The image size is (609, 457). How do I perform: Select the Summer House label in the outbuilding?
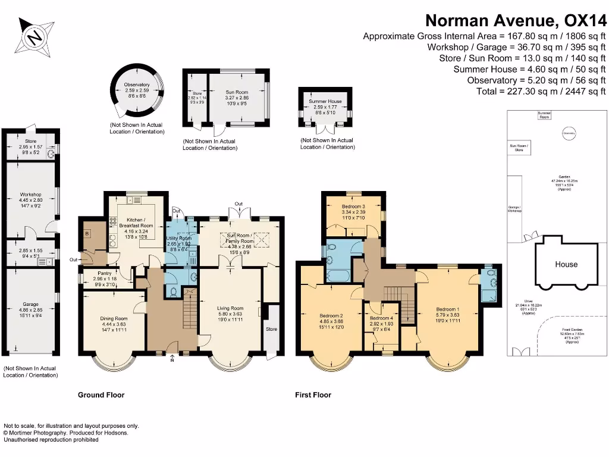coord(325,102)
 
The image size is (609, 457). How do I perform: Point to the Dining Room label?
coord(113,318)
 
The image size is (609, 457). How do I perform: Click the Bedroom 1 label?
coord(447,309)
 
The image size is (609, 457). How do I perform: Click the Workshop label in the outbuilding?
coord(30,195)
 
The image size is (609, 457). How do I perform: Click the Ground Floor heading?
coord(101,395)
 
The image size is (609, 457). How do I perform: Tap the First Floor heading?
coord(313,395)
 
